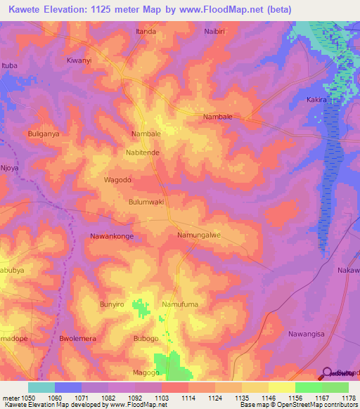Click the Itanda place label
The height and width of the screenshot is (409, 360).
coord(146,32)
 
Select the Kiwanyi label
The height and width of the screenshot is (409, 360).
coord(79,60)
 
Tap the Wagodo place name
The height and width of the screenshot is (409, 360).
coord(118,180)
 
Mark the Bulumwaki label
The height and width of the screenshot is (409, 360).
coord(146,202)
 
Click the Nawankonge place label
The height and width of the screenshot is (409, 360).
coord(112,236)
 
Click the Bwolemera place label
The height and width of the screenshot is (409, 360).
coord(77,338)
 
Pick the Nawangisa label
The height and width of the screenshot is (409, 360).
coord(308,334)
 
